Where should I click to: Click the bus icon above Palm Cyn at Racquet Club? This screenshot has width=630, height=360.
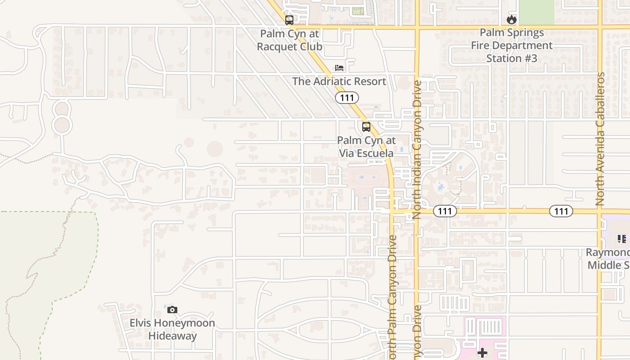click(289, 20)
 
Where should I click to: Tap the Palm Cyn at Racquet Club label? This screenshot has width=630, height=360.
click(289, 40)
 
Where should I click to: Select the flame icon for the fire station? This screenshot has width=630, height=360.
click(511, 19)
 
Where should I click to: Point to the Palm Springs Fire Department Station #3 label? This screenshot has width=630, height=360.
click(512, 45)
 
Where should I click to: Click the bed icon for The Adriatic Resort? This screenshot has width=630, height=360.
click(339, 68)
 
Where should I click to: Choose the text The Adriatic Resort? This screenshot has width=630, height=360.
click(339, 81)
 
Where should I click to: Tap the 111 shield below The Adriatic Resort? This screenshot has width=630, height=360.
click(346, 97)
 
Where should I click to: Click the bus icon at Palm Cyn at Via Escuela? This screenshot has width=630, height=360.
click(366, 127)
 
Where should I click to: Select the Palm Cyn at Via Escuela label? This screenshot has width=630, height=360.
click(366, 147)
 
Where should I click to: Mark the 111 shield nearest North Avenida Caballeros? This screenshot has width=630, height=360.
click(561, 211)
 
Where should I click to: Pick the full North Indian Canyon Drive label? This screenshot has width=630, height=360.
click(417, 149)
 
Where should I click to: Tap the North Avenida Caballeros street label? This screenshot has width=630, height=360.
click(600, 139)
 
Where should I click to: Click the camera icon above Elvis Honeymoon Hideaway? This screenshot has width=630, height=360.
click(172, 310)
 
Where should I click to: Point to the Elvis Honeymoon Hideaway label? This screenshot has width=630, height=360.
click(172, 329)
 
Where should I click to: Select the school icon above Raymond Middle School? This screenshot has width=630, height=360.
click(621, 239)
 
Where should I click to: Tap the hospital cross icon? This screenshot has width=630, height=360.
click(482, 353)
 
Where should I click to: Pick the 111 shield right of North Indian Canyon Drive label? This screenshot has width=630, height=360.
click(445, 211)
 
